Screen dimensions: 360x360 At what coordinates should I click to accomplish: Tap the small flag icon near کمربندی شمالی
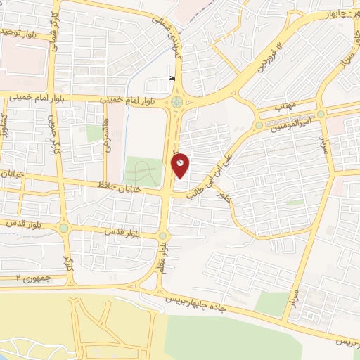pyautogui.click(x=172, y=79)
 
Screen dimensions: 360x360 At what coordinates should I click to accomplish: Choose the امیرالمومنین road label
pyautogui.click(x=288, y=122)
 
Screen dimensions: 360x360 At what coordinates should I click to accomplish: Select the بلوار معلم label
pyautogui.click(x=162, y=259)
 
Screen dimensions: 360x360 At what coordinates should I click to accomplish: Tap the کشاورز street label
pyautogui.click(x=4, y=127)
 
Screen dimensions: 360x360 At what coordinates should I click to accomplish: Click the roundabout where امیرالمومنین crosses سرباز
pyautogui.click(x=321, y=113)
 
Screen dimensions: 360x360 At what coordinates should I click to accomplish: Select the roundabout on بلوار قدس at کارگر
pyautogui.click(x=65, y=228)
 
